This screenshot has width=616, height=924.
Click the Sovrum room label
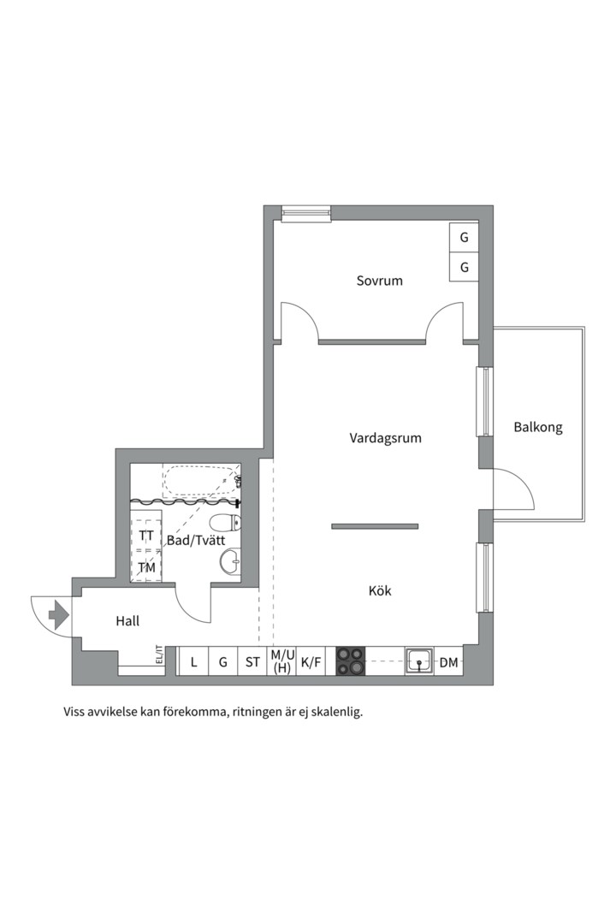(380, 281)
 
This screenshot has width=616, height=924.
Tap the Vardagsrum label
(386, 438)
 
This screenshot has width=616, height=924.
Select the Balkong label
(538, 427)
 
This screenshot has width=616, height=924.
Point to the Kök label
(380, 590)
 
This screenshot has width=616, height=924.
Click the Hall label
(127, 620)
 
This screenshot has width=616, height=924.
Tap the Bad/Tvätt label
(196, 540)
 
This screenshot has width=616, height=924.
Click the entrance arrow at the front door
(58, 615)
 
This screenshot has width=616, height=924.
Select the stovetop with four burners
(351, 661)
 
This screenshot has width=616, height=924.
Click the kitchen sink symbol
(419, 661)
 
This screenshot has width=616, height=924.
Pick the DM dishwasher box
(448, 661)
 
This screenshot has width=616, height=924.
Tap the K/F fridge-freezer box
(311, 661)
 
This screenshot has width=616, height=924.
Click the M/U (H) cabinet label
(282, 661)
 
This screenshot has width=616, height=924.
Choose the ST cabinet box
(252, 661)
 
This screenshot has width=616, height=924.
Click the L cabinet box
(193, 661)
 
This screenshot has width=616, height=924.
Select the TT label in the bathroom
(146, 536)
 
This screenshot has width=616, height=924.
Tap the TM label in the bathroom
(147, 567)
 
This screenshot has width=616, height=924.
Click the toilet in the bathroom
(226, 523)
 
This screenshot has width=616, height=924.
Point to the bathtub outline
(202, 481)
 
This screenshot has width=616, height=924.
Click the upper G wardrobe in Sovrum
(464, 238)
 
